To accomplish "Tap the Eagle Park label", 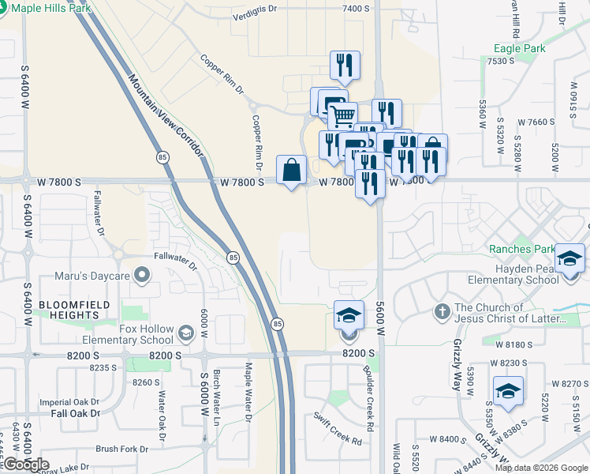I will [x=519, y=48].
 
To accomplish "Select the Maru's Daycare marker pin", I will [x=142, y=276].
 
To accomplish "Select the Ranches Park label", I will [x=521, y=249].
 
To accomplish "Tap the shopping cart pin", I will [x=342, y=117].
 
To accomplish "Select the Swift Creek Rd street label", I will [x=337, y=428].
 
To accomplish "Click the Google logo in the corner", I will [x=25, y=465].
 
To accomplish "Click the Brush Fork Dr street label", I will [x=121, y=449].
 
